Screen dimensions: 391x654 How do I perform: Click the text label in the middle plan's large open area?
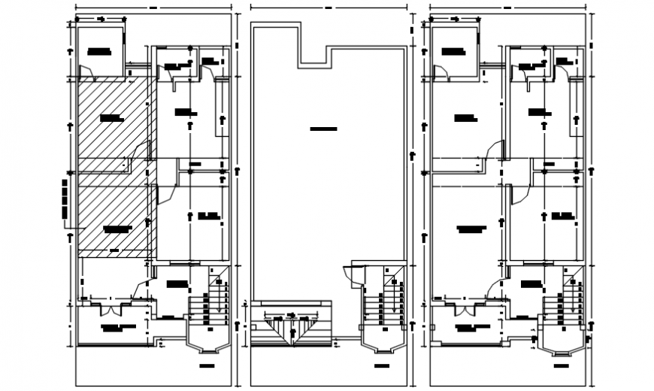[323, 129]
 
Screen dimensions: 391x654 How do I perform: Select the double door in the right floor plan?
[464, 308]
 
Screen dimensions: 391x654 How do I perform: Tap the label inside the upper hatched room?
[111, 118]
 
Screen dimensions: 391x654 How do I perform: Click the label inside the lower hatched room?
[117, 228]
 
